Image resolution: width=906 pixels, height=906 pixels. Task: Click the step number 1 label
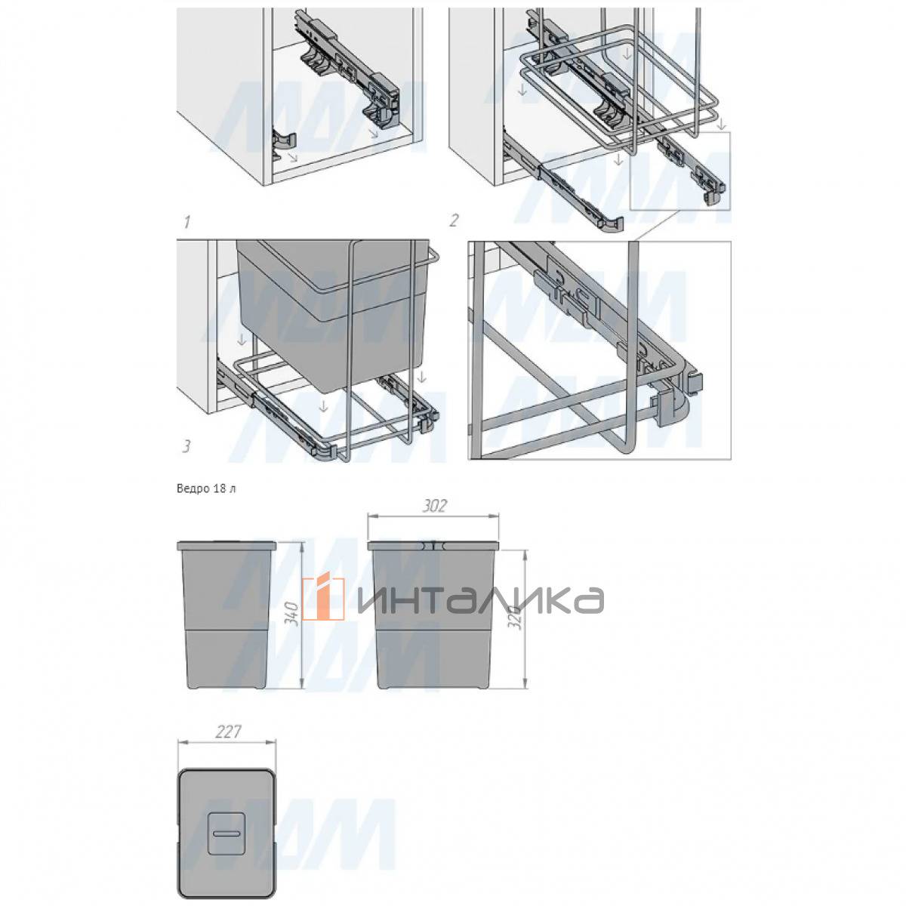(x=187, y=221)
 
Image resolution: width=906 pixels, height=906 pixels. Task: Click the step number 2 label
(x=453, y=220)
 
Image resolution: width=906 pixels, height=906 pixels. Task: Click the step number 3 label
(x=186, y=445)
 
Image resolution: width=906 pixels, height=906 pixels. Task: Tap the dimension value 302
(x=434, y=506)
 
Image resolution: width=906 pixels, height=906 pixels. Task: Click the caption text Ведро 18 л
(x=206, y=488)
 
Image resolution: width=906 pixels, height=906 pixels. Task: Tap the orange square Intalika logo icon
(x=322, y=599)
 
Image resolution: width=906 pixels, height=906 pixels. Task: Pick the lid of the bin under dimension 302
(x=433, y=546)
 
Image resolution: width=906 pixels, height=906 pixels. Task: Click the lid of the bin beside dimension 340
(x=226, y=546)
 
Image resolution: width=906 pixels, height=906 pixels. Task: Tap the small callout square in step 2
(x=679, y=171)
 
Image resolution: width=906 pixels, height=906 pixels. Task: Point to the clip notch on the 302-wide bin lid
(x=433, y=545)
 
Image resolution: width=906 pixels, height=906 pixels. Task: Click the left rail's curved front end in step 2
(x=612, y=225)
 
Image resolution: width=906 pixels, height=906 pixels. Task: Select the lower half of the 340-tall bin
(x=226, y=660)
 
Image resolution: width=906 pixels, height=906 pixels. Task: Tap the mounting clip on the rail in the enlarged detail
(x=568, y=294)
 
